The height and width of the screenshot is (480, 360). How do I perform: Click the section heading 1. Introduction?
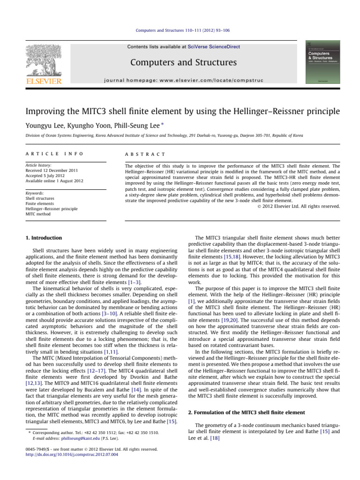tap(43, 238)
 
